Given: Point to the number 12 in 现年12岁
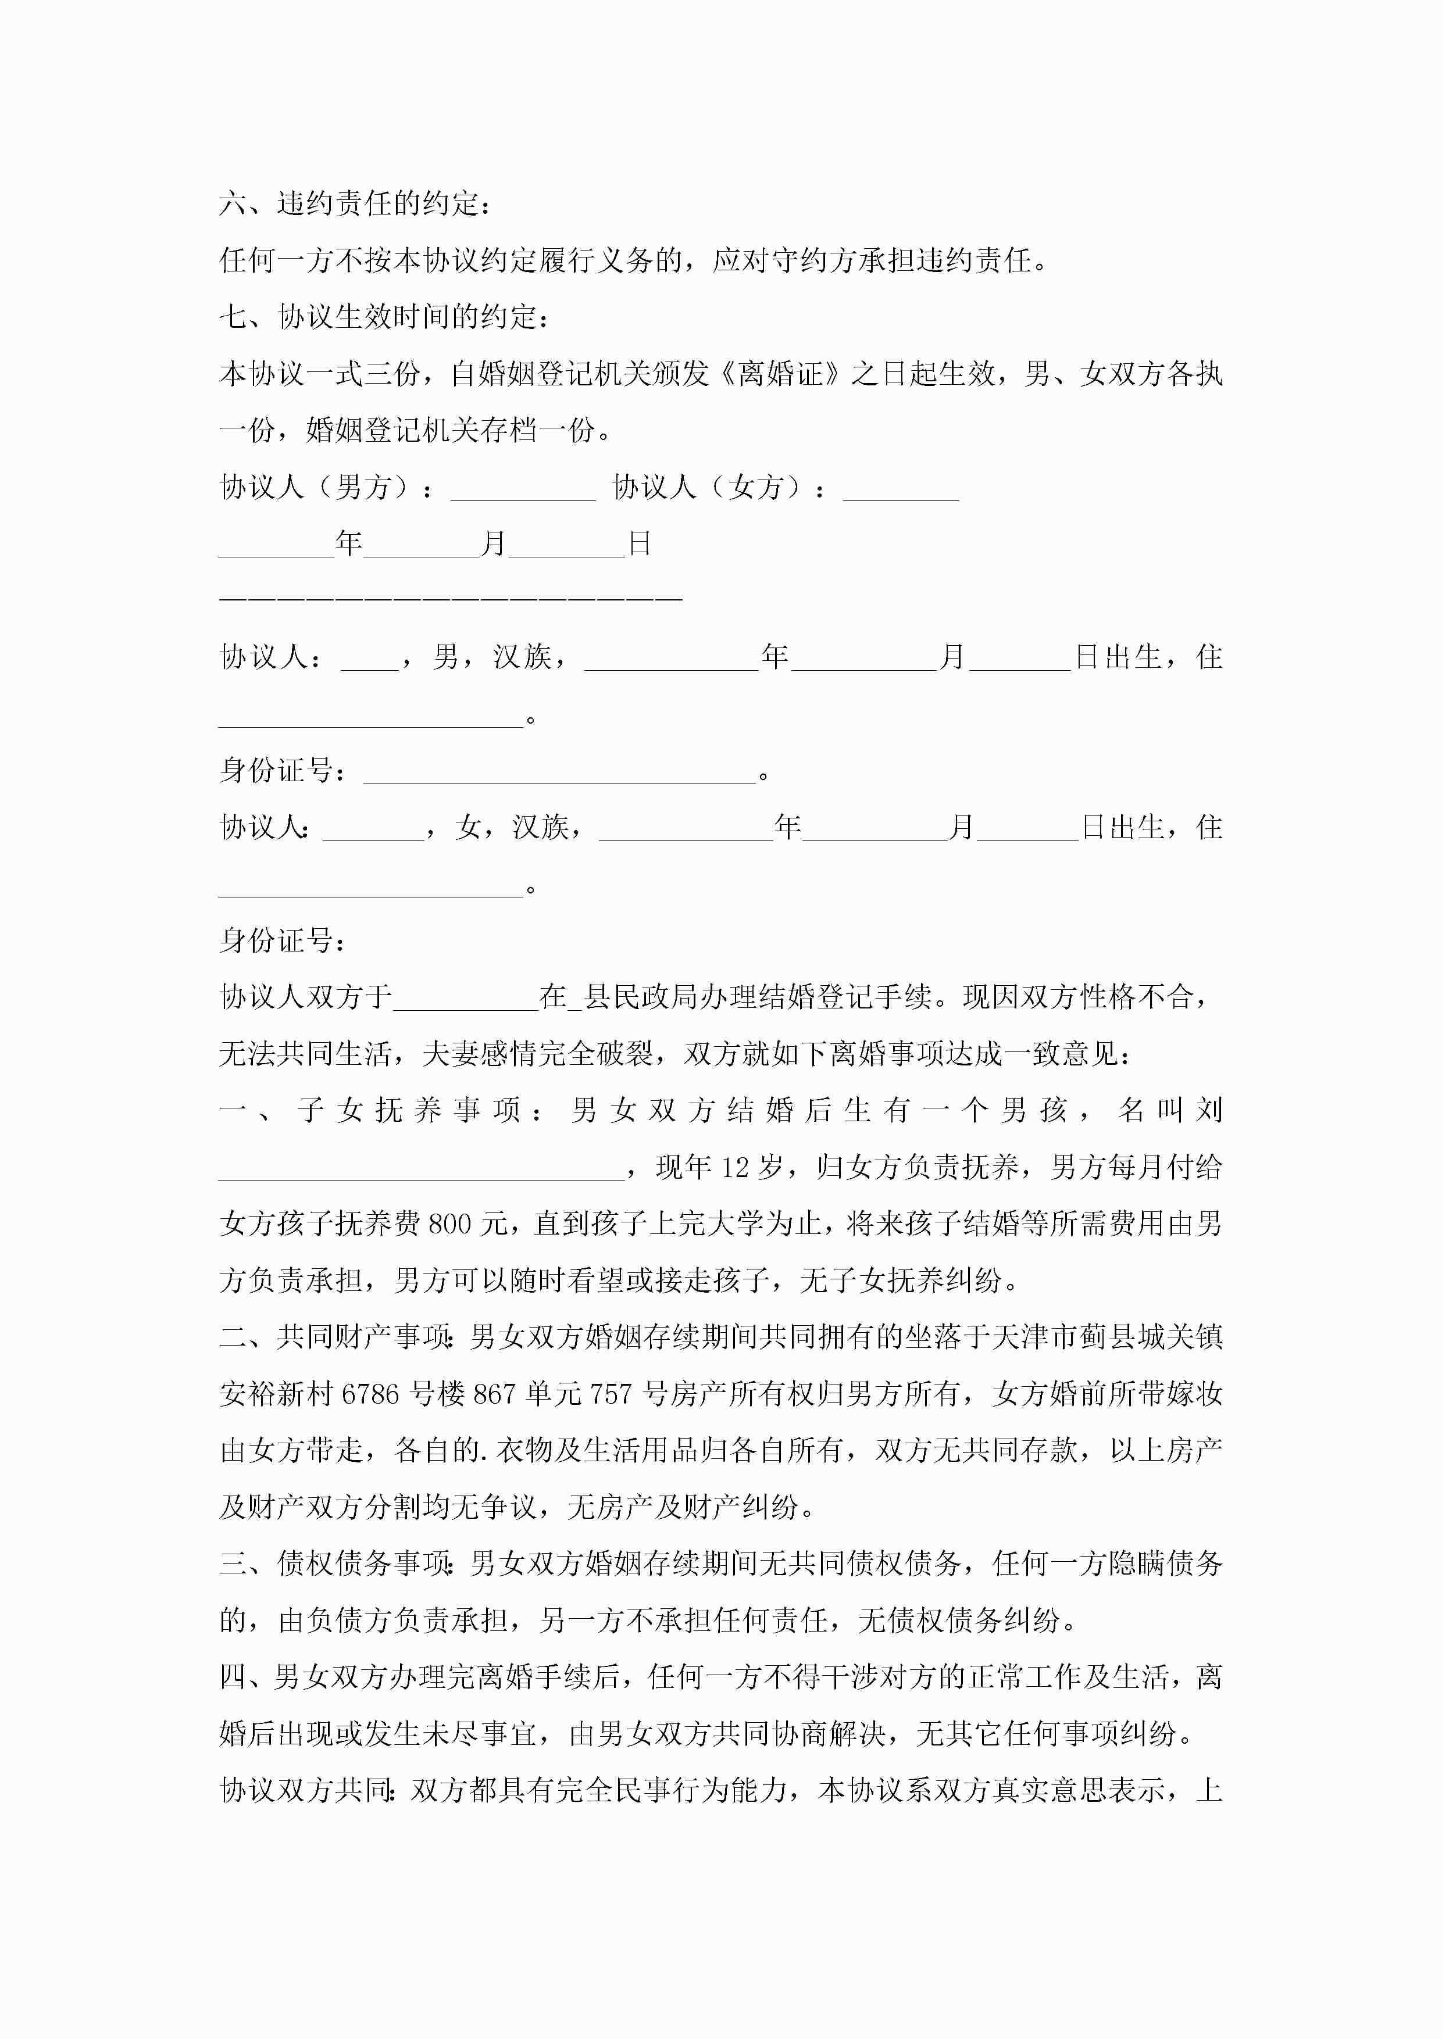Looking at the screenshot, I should tap(735, 1168).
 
